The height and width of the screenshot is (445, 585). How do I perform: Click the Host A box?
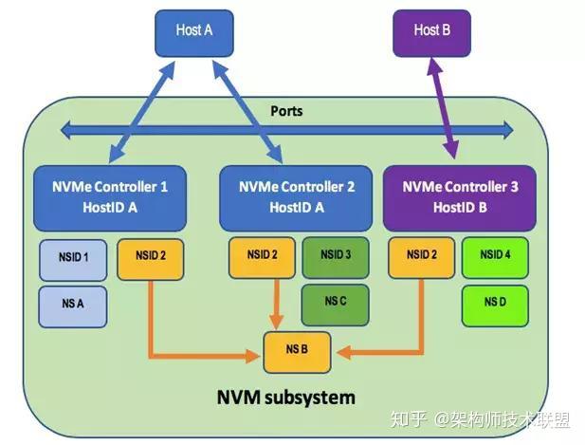tap(194, 31)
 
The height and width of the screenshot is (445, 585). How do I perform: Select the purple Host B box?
tap(432, 31)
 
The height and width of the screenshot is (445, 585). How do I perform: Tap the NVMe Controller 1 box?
tap(109, 197)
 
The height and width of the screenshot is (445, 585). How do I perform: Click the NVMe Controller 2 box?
tap(296, 197)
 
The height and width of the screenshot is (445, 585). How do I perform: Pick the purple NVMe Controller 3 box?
tap(460, 197)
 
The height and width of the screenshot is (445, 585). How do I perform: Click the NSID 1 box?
tap(73, 259)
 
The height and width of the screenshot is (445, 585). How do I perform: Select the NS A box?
tap(73, 306)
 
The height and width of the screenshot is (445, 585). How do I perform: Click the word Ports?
tap(286, 112)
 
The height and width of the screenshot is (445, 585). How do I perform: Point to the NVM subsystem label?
tap(288, 397)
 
